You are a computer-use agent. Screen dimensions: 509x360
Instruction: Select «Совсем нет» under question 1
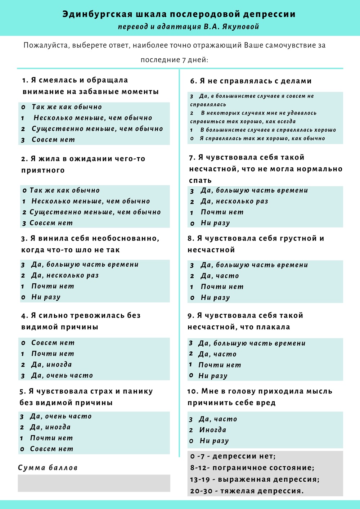[x=53, y=140]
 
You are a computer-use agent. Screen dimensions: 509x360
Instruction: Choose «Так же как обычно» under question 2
[x=64, y=190]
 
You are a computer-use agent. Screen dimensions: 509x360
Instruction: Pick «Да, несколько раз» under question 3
[x=65, y=275]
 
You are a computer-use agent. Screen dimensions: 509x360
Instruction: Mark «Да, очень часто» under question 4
[x=62, y=375]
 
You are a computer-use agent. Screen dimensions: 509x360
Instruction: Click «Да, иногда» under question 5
[x=50, y=427]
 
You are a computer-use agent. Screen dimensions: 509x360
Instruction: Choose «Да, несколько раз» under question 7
[x=234, y=201]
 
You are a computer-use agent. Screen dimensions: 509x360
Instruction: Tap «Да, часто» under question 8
[x=220, y=276]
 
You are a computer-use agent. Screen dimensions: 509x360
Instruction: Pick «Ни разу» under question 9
[x=213, y=376]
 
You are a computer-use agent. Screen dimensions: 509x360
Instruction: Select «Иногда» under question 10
[x=213, y=430]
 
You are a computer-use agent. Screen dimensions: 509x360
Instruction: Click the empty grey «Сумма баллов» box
[x=94, y=483]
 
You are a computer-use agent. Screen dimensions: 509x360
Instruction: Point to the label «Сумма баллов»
[x=48, y=468]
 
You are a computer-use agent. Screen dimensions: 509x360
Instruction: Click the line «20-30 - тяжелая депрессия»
[x=247, y=491]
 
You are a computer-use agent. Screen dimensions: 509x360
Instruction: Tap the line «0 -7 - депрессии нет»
[x=233, y=456]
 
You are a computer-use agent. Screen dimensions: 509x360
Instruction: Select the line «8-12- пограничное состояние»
[x=252, y=468]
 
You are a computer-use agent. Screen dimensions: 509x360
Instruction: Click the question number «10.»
[x=193, y=391]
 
